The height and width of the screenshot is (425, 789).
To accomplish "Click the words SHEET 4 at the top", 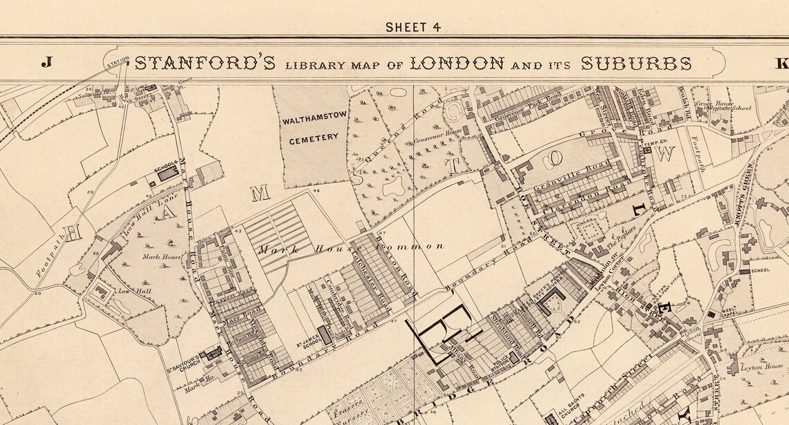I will [413, 28].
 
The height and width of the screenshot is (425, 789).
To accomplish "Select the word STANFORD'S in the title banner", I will [206, 64].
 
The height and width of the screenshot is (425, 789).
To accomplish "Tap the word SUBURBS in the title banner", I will [635, 64].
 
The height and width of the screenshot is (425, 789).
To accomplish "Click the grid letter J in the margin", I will [46, 63].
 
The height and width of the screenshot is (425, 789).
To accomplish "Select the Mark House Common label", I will [350, 247].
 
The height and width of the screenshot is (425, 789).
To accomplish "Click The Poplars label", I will [621, 237].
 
